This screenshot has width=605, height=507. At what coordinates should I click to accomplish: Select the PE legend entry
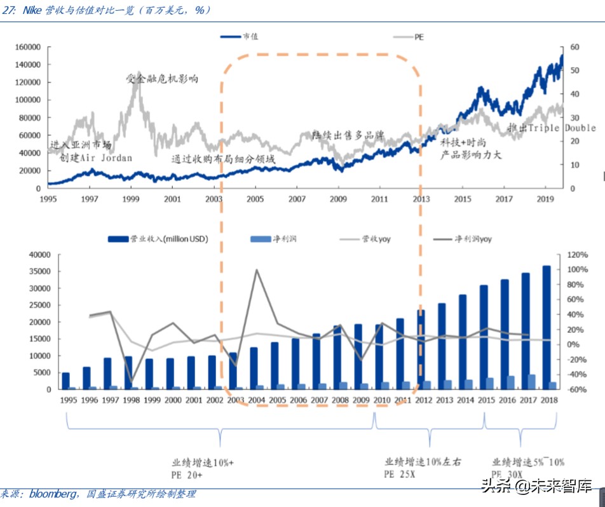coord(419,37)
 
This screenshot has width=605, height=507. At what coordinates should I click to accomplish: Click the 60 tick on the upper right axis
coord(574,48)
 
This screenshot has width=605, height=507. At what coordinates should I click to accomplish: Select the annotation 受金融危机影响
coord(162,79)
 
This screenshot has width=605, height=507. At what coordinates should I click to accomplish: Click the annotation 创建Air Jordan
coord(96,158)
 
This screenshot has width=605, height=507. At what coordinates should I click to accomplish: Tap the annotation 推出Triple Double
coord(552,128)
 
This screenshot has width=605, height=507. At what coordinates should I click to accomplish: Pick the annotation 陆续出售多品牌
coord(348,135)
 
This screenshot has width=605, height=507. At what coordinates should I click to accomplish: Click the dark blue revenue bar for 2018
coord(547,327)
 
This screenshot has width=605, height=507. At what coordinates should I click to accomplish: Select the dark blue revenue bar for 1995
coord(65,381)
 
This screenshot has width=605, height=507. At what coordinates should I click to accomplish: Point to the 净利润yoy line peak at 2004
coord(256,270)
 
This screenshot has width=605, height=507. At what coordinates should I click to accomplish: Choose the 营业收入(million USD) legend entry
coord(168,239)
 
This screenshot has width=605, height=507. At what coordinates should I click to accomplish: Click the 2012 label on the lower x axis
coord(423,400)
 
